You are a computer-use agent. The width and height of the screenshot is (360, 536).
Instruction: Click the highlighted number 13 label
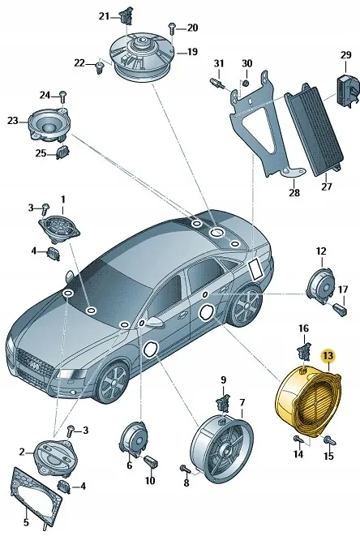tap(328, 356)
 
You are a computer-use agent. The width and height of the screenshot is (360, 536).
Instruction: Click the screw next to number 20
tap(172, 28)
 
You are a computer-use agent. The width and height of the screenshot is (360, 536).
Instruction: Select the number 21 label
tap(104, 16)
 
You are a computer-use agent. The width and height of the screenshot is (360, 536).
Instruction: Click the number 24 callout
tap(45, 94)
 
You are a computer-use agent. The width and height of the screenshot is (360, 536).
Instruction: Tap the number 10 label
tap(149, 481)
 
